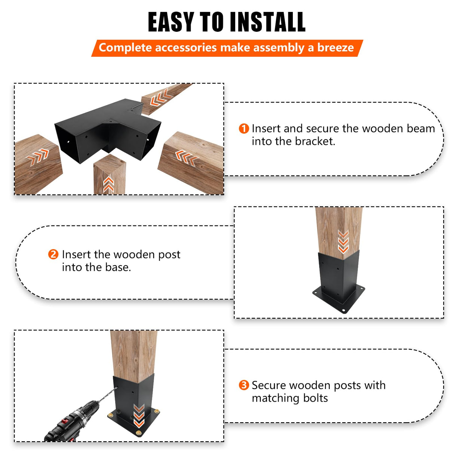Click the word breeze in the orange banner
coord(335,48)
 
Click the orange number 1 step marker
coord(243,129)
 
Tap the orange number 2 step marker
coord(53,254)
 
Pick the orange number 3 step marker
coord(243,385)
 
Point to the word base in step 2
coord(117,267)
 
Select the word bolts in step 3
coord(315,398)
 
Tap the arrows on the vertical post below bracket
coord(108,184)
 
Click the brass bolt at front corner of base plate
coord(139,433)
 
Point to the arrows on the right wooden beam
coord(186,157)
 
